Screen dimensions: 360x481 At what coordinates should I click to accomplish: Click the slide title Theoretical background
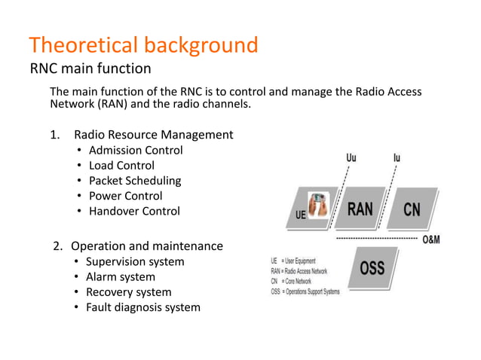(143, 45)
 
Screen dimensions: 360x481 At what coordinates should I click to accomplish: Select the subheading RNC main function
(90, 69)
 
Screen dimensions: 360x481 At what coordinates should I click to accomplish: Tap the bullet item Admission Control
(136, 150)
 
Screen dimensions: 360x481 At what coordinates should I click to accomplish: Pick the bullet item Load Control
(121, 165)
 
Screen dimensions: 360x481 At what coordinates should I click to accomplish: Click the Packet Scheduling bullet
(135, 181)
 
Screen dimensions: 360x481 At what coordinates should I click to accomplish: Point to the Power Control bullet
(125, 196)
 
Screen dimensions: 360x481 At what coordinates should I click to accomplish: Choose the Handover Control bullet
(134, 211)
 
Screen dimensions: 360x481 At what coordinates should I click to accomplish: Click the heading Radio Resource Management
(153, 135)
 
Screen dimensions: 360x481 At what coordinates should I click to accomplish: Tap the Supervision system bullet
(134, 261)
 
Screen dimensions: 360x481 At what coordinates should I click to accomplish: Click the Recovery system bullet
(128, 291)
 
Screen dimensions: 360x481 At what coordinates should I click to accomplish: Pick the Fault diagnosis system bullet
(142, 307)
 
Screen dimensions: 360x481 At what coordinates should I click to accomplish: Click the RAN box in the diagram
(360, 208)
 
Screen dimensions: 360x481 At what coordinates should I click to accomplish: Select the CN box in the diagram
(411, 209)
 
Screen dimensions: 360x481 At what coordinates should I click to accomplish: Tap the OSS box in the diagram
(372, 267)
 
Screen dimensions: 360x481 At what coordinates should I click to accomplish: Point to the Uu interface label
(352, 159)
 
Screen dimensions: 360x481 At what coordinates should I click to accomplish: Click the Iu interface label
(397, 159)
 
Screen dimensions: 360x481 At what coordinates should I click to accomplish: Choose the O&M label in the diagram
(431, 239)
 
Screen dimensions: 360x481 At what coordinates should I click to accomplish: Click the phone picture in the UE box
(320, 204)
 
